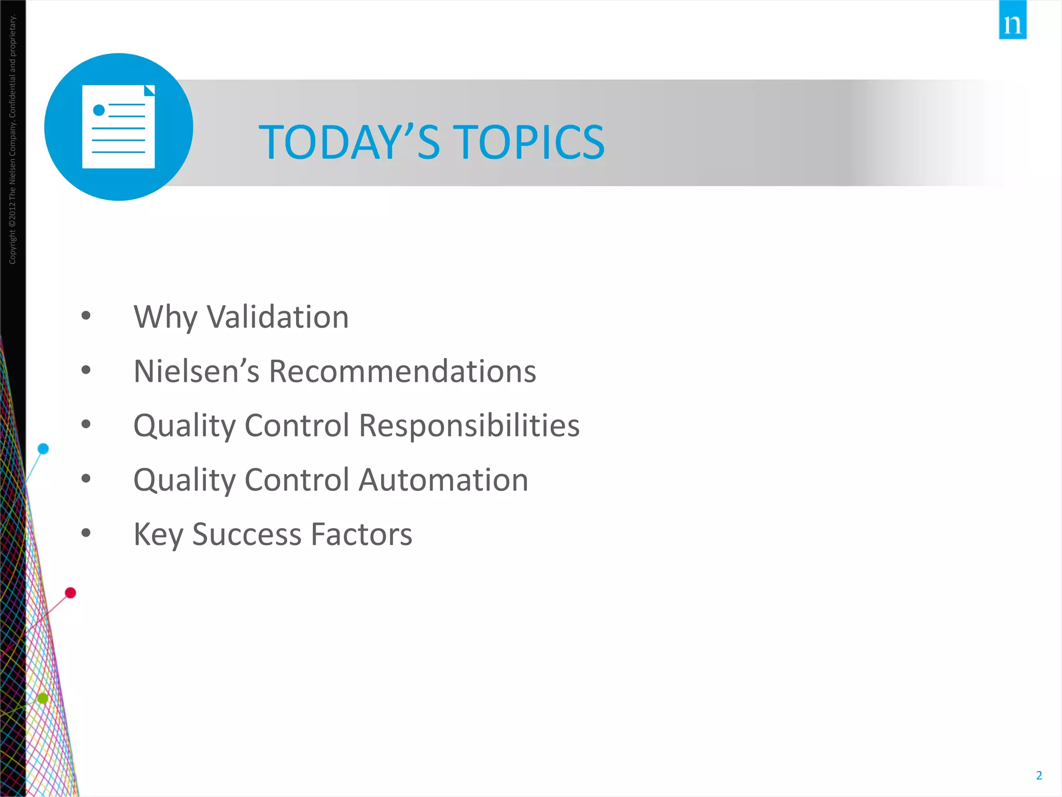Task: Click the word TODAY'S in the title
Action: tap(349, 142)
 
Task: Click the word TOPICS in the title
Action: tap(530, 142)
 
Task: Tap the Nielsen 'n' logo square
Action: tap(1012, 21)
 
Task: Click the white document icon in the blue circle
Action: tap(119, 127)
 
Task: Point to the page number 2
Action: tap(1039, 775)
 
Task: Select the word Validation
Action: tap(278, 317)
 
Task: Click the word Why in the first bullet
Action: tap(165, 317)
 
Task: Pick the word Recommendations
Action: tap(402, 372)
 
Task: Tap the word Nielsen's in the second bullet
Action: tap(196, 372)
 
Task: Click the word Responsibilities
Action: tap(469, 425)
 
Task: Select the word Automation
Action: tap(443, 480)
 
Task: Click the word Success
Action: tap(246, 534)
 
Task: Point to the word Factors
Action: tap(361, 534)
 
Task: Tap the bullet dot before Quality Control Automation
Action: tap(86, 478)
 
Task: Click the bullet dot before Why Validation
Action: tap(86, 315)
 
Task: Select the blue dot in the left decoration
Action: tap(44, 448)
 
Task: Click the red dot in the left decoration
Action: tap(71, 593)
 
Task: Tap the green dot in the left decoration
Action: tap(43, 698)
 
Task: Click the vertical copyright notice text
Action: tap(12, 140)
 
